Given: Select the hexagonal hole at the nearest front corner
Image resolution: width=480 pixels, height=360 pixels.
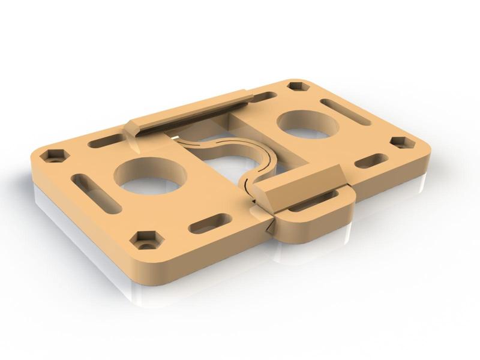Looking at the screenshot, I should pos(146,241).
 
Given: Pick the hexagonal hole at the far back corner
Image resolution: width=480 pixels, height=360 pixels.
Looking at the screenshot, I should pos(296,86).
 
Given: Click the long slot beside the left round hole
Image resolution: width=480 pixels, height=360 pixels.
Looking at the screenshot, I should pos(96,192).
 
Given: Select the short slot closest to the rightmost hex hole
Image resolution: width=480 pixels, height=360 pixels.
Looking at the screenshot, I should pos(371,161).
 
